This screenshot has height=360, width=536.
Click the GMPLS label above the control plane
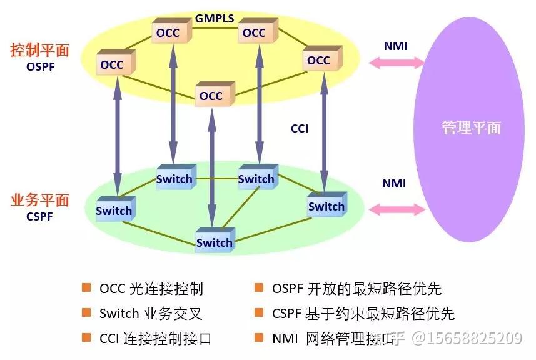click(214, 18)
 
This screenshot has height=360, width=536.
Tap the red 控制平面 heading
click(39, 50)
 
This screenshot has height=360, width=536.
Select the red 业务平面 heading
click(39, 201)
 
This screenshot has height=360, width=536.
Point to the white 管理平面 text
click(471, 127)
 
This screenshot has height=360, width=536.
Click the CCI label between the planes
click(300, 129)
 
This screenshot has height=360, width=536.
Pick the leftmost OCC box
click(113, 64)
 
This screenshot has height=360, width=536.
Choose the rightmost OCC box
click(320, 61)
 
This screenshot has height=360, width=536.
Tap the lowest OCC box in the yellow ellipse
click(212, 96)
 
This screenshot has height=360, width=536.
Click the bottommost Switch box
click(215, 242)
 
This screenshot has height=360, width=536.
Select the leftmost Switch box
click(114, 211)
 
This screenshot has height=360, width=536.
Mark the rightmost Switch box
click(326, 206)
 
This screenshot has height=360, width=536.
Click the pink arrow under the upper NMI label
click(397, 62)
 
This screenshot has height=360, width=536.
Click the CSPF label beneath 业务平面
click(39, 217)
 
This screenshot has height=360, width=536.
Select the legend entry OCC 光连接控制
click(151, 289)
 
